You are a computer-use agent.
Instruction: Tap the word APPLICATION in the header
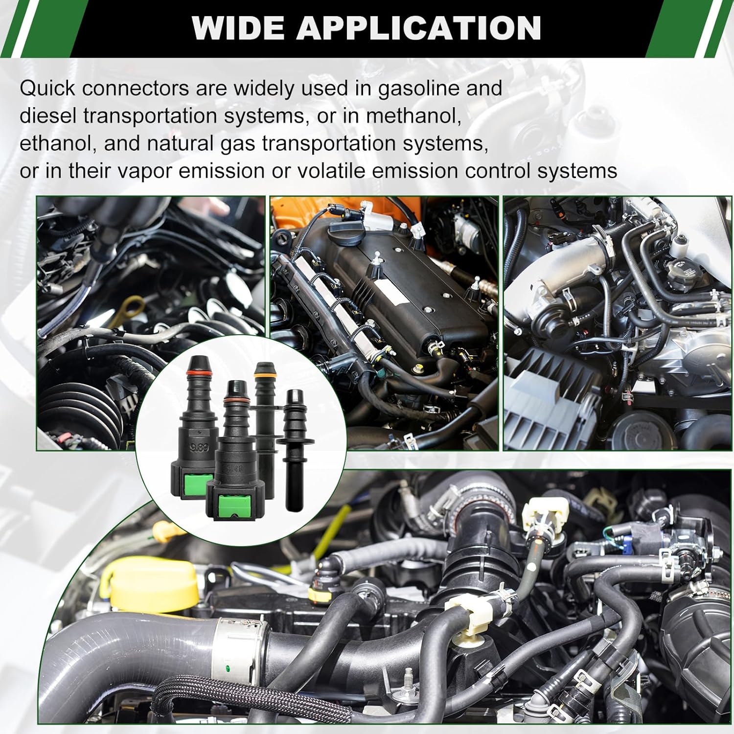click(x=418, y=28)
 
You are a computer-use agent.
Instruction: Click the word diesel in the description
click(x=47, y=116)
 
